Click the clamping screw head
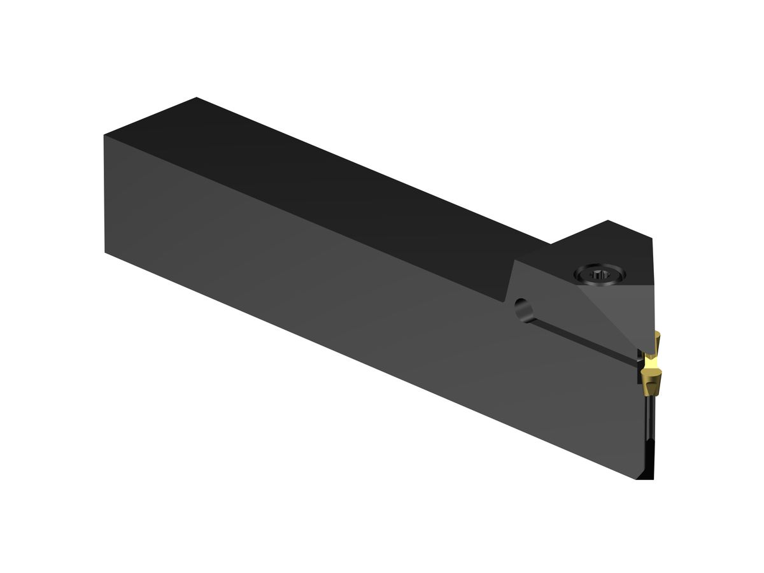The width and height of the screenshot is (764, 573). [599, 274]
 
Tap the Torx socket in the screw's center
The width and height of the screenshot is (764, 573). [599, 275]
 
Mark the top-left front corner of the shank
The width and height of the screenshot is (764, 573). [105, 136]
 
